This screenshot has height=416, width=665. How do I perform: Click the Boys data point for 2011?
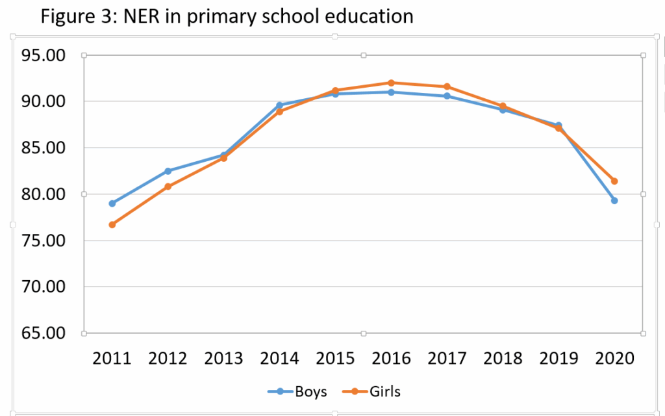[112, 203]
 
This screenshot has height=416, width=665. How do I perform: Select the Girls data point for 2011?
[112, 225]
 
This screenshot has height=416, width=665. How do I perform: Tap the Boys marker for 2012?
[168, 171]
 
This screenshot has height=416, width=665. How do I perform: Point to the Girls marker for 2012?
[168, 187]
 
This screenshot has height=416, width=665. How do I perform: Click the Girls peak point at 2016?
[391, 83]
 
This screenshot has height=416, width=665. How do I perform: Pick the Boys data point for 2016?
[391, 92]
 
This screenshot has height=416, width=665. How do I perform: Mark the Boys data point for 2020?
[614, 200]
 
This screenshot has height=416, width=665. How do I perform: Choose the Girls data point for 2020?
[614, 181]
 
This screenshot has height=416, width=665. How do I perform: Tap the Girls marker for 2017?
[447, 86]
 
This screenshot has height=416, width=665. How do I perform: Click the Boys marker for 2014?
[279, 105]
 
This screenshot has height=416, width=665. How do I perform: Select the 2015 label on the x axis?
[335, 358]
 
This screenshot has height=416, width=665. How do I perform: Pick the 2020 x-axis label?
[614, 358]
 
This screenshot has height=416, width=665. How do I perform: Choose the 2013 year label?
[223, 358]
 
